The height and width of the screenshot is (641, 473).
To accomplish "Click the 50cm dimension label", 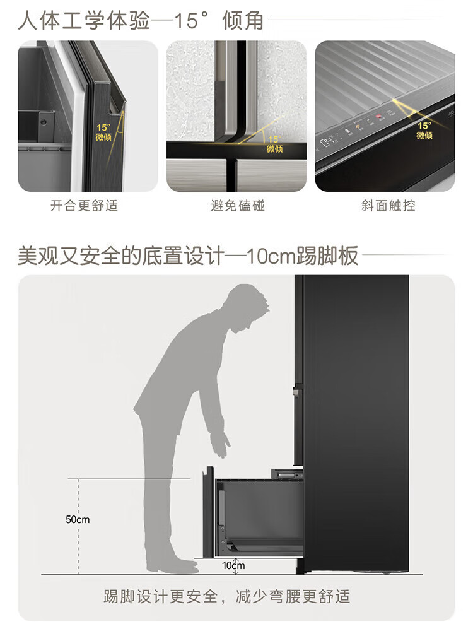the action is coord(78,520).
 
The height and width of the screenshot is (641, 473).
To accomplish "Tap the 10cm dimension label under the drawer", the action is coord(233,565).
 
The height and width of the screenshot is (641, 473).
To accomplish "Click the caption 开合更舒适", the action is coord(85,205).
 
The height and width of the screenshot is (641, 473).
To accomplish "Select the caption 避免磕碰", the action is coord(238,205).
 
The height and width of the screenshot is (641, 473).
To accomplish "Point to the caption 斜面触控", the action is coord(388,205).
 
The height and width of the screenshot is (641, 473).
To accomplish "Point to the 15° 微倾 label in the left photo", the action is coord(103,132).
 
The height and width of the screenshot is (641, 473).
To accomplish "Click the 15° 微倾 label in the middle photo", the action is coord(275,144).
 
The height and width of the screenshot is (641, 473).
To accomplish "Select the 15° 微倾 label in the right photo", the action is coord(424,131).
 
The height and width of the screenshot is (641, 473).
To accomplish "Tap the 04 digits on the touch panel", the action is coord(326,143).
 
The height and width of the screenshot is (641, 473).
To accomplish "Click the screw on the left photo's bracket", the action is coord(42,122).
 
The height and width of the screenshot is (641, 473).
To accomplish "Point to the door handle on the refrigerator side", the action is coord(296,392).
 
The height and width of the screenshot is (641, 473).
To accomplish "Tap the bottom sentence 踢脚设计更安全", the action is coord(161,596).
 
